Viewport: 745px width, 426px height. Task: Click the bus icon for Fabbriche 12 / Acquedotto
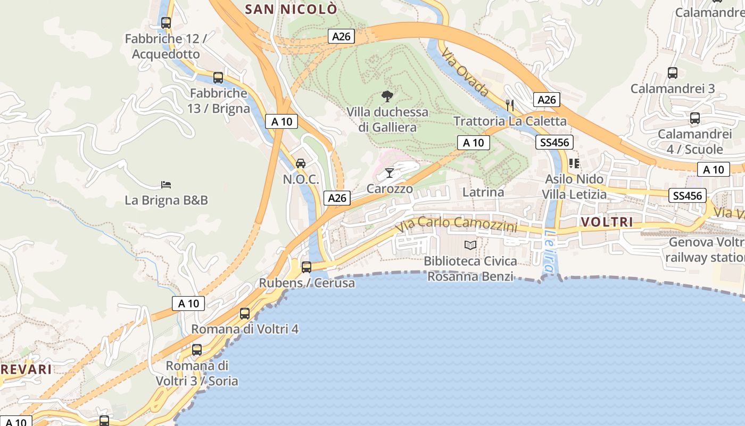coord(166,23)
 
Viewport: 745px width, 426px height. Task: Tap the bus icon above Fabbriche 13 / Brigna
coord(218,78)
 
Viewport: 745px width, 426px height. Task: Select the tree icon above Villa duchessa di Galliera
coord(387,96)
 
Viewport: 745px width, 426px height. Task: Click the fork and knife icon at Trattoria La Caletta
coord(510,105)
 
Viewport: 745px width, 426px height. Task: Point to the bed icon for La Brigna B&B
coord(166,185)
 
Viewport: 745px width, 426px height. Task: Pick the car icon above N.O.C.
coord(301,163)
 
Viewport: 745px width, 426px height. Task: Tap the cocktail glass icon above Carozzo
coord(390,173)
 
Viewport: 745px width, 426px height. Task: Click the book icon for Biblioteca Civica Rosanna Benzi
coord(470,245)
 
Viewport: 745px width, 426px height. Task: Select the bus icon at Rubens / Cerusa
coord(307,267)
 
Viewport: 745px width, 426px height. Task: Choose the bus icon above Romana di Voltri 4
coord(245,314)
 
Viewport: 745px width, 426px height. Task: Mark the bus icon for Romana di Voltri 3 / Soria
coord(197,350)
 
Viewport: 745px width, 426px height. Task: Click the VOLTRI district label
coord(607,222)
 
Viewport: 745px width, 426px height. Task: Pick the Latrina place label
coord(483,192)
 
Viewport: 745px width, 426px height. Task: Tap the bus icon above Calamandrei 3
coord(673,73)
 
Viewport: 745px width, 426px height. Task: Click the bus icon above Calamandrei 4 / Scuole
coord(695,118)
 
